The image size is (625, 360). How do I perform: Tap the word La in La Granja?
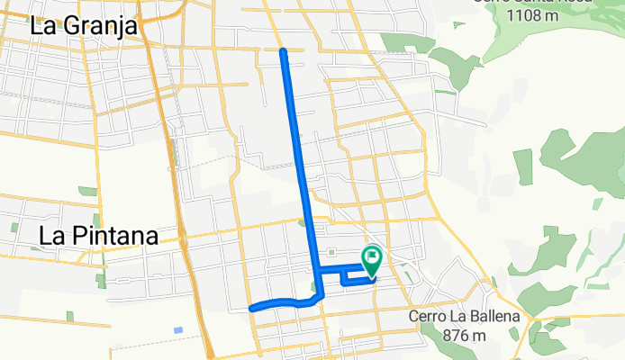coord(45,26)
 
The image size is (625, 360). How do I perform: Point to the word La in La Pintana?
coord(52,237)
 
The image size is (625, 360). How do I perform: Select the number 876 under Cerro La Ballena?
coord(458,336)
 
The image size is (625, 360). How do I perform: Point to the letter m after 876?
coord(482,336)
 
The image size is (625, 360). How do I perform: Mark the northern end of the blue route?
coord(284,51)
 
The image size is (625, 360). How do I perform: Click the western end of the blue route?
coord(251,308)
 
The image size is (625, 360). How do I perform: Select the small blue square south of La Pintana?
coord(178,330)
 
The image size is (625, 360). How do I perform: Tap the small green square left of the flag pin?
coord(331,252)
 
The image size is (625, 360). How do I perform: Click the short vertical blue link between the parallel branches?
coord(344,276)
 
